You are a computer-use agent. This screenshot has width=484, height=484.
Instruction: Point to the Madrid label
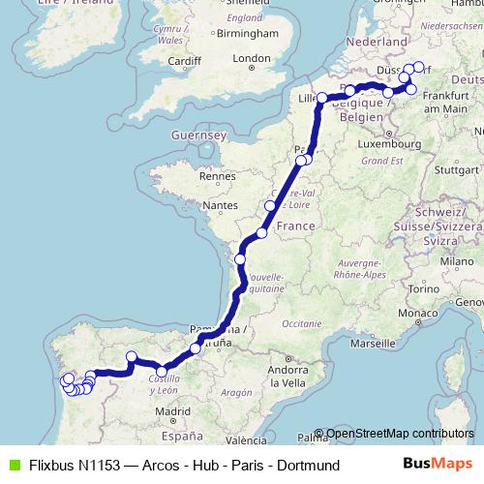point(171,410)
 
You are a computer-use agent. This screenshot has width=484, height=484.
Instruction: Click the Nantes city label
point(220,205)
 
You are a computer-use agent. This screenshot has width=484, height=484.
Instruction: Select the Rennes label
point(216,176)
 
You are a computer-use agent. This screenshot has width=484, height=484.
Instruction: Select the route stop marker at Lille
point(321,99)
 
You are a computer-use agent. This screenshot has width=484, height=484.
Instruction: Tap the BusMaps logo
point(435,465)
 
